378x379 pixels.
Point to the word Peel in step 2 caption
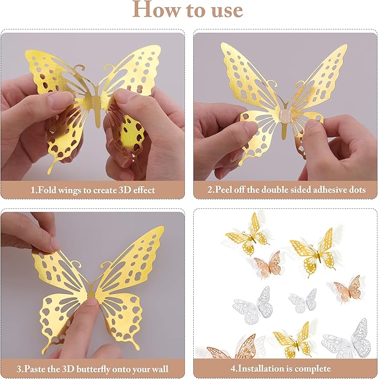226,190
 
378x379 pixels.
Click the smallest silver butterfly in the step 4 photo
303,300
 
